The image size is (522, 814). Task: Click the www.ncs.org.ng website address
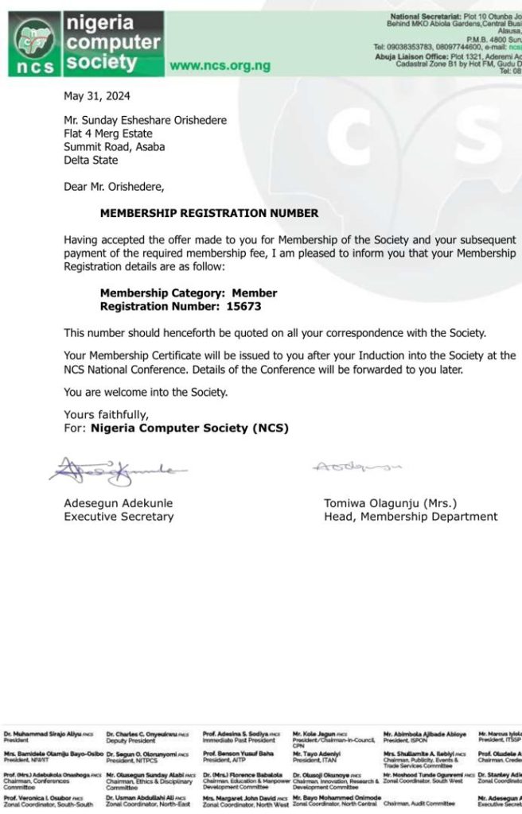220,65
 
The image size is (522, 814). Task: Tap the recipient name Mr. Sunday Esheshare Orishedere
145,121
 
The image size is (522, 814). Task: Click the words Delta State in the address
91,160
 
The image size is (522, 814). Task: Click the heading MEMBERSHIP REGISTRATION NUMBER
208,213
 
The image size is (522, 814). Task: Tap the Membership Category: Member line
188,293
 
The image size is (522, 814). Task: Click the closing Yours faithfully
106,415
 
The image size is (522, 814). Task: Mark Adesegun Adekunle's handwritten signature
115,471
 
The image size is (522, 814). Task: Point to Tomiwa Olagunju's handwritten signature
357,467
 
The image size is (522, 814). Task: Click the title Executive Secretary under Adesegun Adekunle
119,517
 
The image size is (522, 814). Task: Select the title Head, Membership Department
410,517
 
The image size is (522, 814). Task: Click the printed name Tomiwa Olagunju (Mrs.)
390,503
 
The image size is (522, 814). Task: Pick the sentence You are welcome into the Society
146,392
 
